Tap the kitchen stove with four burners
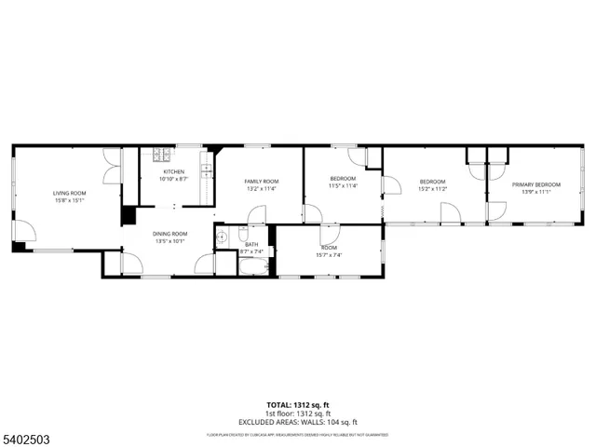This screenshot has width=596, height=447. [x=158, y=155]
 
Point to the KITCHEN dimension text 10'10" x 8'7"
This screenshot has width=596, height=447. [x=174, y=178]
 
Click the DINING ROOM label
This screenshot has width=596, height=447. [x=170, y=234]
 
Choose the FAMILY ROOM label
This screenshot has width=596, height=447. [x=262, y=181]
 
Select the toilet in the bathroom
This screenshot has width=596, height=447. [x=239, y=233]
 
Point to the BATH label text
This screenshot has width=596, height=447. [x=251, y=245]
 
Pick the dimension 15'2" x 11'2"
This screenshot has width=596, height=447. [x=432, y=188]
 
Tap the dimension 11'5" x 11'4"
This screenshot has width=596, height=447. [x=343, y=185]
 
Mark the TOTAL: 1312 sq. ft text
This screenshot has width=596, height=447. [x=297, y=405]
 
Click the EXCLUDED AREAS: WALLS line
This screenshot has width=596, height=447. [x=297, y=422]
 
